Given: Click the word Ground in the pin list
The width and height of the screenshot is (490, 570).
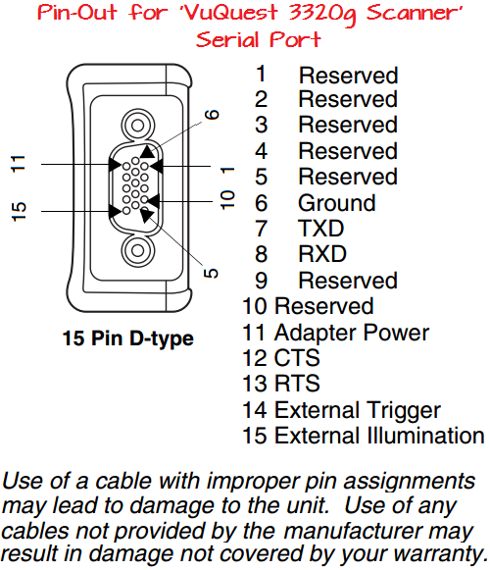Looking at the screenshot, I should [x=336, y=203].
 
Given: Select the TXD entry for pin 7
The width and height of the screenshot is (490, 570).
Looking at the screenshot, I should [x=322, y=229].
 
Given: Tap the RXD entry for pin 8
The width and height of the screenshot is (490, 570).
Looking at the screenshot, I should [x=323, y=255].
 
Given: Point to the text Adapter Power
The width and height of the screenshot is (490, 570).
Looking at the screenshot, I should [x=351, y=333].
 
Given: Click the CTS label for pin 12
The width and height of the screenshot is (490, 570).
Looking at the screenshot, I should [x=297, y=358].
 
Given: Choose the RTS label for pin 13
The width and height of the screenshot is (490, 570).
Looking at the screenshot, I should [x=297, y=384].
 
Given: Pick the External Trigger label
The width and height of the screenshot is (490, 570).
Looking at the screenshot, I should [x=357, y=410].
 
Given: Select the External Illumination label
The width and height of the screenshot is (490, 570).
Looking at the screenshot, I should [x=378, y=436].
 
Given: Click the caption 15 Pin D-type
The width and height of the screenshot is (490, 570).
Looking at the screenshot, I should [x=127, y=339].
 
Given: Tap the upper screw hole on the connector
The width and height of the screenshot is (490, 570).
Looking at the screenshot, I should [x=134, y=125].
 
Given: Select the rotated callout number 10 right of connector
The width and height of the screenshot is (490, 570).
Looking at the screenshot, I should [x=227, y=200].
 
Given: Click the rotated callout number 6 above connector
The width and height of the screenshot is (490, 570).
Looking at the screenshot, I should [x=213, y=115].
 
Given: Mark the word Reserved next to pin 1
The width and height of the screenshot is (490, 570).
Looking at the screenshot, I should [x=348, y=75].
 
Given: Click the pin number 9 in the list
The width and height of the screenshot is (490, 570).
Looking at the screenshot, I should [x=261, y=281].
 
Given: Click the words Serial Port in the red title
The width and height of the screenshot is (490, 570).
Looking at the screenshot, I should [x=258, y=40].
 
